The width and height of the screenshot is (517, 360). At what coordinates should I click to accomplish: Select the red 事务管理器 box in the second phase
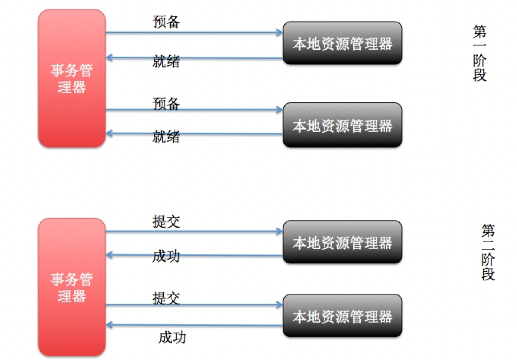(72, 287)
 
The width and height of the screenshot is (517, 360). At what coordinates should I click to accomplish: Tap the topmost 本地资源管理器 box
(342, 43)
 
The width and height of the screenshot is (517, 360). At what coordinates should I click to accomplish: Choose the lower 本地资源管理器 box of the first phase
(342, 125)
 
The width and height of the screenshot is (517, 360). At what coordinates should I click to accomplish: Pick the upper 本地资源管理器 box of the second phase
(342, 242)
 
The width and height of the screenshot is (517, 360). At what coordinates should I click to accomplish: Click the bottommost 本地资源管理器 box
(342, 316)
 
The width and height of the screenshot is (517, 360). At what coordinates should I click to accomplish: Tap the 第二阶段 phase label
(488, 252)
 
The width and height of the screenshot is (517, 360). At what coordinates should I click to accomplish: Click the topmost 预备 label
(166, 22)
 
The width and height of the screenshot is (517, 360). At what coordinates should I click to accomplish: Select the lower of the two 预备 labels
(166, 104)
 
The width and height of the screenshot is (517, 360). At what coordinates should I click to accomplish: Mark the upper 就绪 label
(166, 62)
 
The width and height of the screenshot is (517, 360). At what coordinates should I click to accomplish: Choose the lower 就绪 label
(166, 137)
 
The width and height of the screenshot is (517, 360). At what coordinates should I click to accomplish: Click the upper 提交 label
(166, 221)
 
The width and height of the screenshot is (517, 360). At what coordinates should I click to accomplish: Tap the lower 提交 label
(166, 298)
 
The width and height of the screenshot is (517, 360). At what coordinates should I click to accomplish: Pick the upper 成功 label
(166, 256)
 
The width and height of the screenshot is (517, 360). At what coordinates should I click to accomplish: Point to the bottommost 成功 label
(172, 338)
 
